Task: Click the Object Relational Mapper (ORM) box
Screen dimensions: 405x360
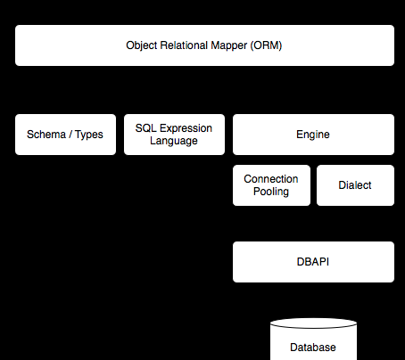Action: tap(204, 45)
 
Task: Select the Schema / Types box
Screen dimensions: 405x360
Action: tap(65, 135)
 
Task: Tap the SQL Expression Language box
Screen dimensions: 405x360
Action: tap(174, 135)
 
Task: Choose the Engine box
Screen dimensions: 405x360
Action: tap(313, 135)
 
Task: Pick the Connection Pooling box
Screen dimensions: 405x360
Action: tap(271, 185)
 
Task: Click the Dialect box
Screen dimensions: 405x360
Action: tap(355, 185)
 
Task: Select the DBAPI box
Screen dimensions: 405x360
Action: tap(313, 262)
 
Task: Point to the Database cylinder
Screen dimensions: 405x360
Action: tap(313, 340)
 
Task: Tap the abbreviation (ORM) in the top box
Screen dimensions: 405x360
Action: tap(266, 45)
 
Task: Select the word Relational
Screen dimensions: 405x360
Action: tap(184, 45)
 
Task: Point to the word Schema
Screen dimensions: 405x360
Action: tap(46, 135)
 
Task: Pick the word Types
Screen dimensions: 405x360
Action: tap(89, 135)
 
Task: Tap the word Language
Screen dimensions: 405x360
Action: tap(174, 141)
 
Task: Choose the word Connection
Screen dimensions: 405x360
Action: tap(271, 179)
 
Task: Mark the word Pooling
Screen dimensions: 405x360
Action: tap(271, 192)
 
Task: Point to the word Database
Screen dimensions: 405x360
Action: tap(313, 348)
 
